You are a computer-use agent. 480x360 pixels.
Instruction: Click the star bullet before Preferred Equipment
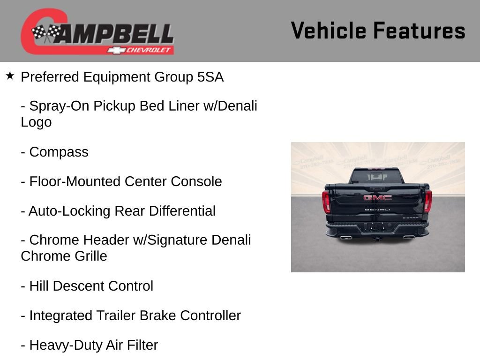tap(10, 75)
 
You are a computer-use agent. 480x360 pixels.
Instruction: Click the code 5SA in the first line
tap(210, 77)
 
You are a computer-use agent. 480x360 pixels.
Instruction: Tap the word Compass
tap(59, 152)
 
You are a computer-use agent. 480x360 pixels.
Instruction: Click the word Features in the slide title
tap(419, 31)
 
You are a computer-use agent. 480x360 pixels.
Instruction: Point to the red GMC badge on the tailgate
tap(377, 198)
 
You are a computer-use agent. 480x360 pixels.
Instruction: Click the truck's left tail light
tap(326, 202)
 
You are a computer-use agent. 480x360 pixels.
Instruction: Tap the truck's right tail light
tap(427, 201)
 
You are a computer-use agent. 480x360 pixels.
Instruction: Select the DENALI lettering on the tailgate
tap(377, 210)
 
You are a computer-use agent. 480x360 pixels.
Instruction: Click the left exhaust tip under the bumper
tap(346, 238)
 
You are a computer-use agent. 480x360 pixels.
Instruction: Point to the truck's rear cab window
tap(376, 176)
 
